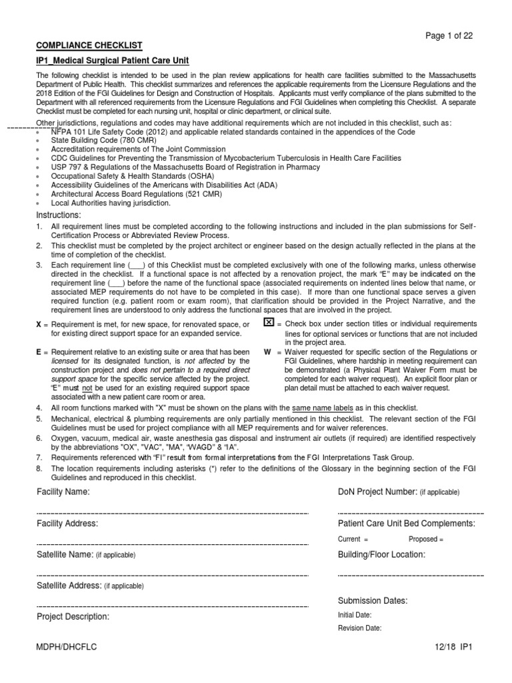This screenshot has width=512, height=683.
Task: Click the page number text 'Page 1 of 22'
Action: pyautogui.click(x=450, y=37)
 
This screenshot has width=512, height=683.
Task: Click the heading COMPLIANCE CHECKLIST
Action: pyautogui.click(x=89, y=45)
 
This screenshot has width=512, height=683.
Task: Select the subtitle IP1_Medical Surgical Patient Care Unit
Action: pyautogui.click(x=112, y=61)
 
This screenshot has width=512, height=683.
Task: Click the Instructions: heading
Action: pyautogui.click(x=58, y=215)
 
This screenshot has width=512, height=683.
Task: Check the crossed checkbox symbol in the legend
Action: pyautogui.click(x=269, y=323)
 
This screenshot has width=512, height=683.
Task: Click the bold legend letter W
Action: pyautogui.click(x=267, y=352)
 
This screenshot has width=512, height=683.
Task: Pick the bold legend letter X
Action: pyautogui.click(x=38, y=325)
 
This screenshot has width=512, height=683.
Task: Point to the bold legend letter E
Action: pyautogui.click(x=38, y=352)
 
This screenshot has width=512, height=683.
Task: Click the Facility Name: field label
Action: pyautogui.click(x=63, y=492)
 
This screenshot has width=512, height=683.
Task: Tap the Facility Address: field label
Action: pyautogui.click(x=67, y=524)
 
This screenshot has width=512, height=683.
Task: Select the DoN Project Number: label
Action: pyautogui.click(x=378, y=492)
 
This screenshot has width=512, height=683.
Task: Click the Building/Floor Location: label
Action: pyautogui.click(x=381, y=554)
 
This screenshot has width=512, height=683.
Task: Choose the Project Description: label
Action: pyautogui.click(x=73, y=617)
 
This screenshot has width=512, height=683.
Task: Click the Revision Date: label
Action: pyautogui.click(x=359, y=628)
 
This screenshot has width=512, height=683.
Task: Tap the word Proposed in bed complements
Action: pyautogui.click(x=423, y=539)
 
